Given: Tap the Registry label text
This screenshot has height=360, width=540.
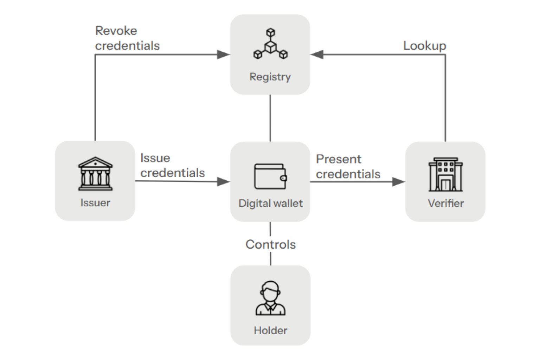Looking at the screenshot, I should pos(270,77).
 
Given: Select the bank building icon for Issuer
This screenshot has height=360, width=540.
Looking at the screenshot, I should pos(95,174).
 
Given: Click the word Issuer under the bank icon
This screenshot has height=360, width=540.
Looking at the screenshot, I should pos(95,203).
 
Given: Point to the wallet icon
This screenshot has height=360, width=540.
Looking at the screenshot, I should pos(270,176).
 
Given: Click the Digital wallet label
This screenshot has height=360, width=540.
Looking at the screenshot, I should pos(270,203).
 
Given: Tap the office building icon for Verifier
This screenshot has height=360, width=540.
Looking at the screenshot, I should pos(445,174).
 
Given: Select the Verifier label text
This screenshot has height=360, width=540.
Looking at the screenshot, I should pos(445,203).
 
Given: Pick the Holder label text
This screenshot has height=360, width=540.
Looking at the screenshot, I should pos(270,330).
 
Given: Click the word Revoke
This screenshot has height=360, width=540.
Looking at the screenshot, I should pos(116,31).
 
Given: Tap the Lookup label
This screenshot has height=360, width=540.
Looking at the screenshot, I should pos(424,46).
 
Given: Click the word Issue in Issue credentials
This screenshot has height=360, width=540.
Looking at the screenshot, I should pos(155,158).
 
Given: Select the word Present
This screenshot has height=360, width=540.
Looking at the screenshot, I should pos(338,159).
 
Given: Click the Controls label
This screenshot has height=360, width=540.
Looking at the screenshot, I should pos(270,244).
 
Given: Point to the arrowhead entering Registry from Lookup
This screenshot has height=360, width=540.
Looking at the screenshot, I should pos(317,54).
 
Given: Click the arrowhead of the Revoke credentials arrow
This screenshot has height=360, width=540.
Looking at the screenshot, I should pos(223,54).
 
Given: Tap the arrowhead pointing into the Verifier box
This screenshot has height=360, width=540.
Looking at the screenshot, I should pos(398,182).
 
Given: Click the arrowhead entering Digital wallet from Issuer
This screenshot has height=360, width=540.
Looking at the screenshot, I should pos(223,182).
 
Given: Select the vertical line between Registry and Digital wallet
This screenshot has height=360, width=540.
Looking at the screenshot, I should pos(270,118).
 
